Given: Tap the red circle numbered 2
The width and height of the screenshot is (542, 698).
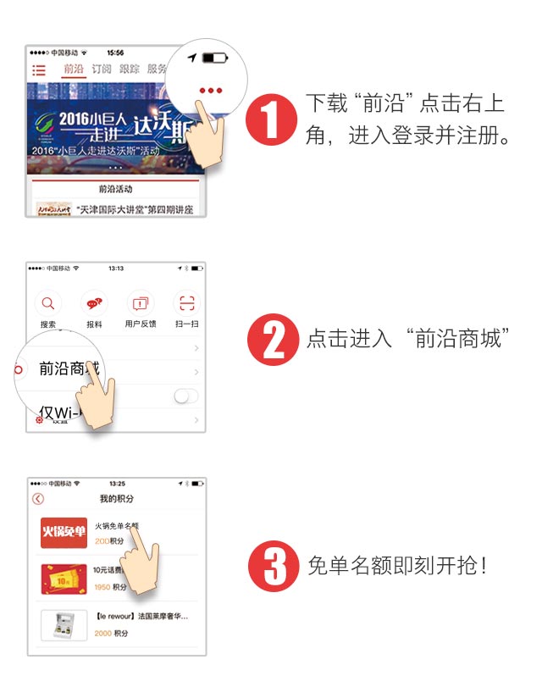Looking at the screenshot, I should (272, 339).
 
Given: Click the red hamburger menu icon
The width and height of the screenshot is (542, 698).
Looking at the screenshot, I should (39, 70).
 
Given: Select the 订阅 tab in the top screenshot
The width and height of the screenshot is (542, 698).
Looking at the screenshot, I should (102, 69).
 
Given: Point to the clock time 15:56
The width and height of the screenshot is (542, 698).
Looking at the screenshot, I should (116, 53).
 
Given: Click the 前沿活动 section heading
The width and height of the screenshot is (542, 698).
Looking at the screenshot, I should (115, 189).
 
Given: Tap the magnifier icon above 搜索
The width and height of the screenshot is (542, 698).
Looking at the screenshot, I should (48, 303).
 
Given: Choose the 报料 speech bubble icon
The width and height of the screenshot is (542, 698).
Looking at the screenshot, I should (94, 303).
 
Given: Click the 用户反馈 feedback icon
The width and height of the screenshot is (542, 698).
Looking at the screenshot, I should (140, 303).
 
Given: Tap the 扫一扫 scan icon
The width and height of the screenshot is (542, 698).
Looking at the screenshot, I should (185, 303).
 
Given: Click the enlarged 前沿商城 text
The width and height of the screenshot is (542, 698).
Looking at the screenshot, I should (68, 368).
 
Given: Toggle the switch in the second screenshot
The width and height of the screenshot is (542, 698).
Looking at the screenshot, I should (185, 396).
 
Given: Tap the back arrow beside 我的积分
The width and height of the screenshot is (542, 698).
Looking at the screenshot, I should (38, 499).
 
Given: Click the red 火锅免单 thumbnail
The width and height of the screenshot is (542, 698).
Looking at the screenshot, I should (64, 532).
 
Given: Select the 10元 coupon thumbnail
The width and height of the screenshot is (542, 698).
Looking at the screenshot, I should (64, 579).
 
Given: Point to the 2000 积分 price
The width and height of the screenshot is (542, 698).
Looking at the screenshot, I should (110, 633).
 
